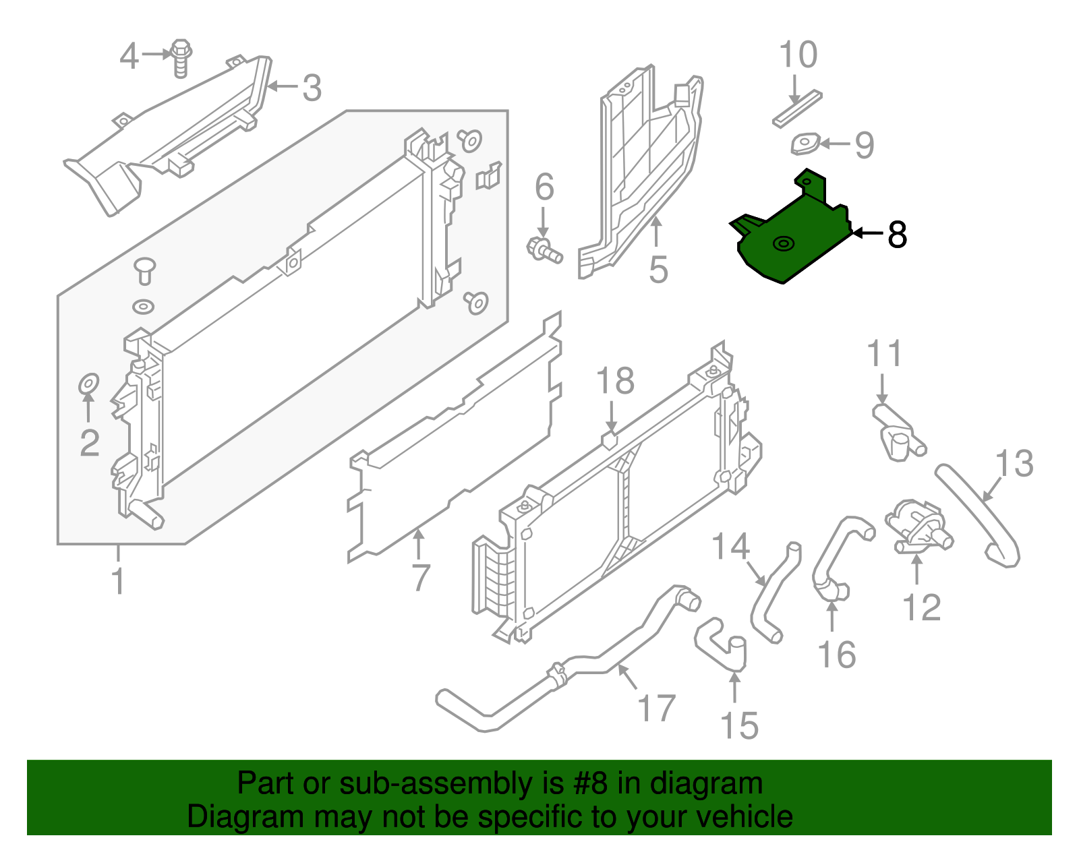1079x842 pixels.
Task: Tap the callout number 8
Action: (x=897, y=235)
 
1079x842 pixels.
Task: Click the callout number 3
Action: (x=311, y=88)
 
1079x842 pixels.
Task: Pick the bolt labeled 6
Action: (x=544, y=250)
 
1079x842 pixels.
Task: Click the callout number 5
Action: (x=658, y=270)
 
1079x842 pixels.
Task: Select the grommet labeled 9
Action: (x=805, y=144)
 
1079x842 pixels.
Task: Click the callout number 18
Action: (x=615, y=381)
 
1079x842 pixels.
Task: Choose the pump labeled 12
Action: (x=917, y=529)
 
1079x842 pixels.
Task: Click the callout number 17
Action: (x=656, y=709)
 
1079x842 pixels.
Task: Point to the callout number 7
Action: (x=421, y=578)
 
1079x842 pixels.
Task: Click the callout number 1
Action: (x=118, y=581)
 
